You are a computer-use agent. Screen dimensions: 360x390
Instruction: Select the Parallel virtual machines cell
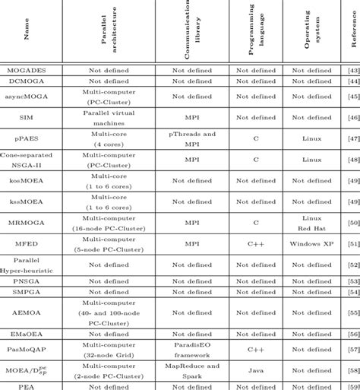(108, 118)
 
